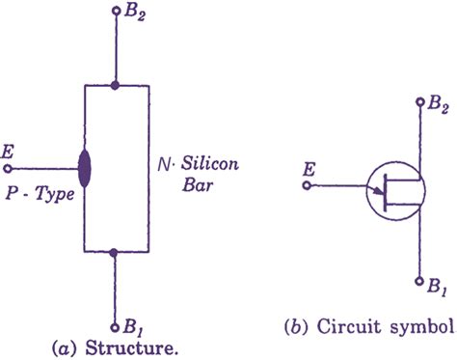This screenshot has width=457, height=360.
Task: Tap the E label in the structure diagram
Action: click(11, 152)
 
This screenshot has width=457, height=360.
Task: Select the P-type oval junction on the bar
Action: click(85, 168)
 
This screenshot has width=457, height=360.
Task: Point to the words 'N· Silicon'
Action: click(197, 164)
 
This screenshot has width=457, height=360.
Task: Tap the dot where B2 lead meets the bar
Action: click(114, 86)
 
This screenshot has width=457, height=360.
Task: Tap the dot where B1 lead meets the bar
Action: click(114, 253)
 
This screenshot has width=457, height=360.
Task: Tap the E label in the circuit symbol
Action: click(309, 171)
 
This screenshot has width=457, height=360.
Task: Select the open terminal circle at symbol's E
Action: click(307, 186)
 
